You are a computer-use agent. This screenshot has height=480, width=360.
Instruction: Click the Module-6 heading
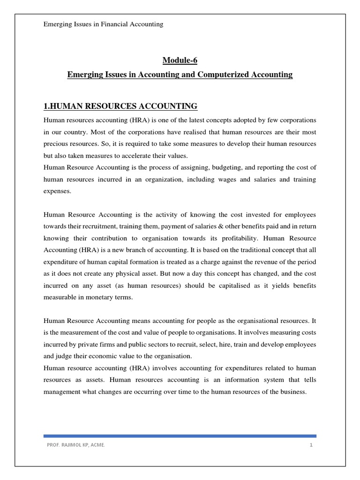[180, 60]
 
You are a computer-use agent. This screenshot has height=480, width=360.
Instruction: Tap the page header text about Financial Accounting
[103, 24]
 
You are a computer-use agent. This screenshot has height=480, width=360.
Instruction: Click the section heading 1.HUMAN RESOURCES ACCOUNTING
[120, 106]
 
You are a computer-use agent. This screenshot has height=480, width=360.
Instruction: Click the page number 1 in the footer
[311, 445]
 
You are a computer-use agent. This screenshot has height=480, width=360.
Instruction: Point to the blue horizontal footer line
[180, 436]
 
